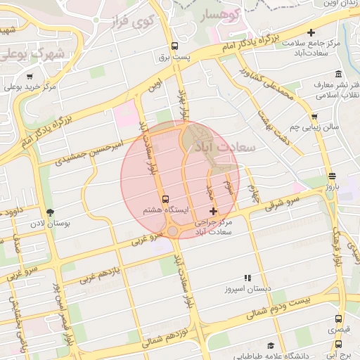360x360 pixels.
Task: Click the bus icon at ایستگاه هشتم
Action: [x=165, y=199]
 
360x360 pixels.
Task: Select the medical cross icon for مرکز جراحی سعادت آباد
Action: [x=214, y=211]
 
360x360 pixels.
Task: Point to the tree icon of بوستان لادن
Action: [x=49, y=212]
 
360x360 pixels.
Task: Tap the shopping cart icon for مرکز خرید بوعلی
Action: [x=30, y=77]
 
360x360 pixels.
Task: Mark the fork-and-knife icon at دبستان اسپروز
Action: [x=247, y=278]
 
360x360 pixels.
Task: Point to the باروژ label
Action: [x=331, y=187]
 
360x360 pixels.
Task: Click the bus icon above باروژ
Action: [x=332, y=176]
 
